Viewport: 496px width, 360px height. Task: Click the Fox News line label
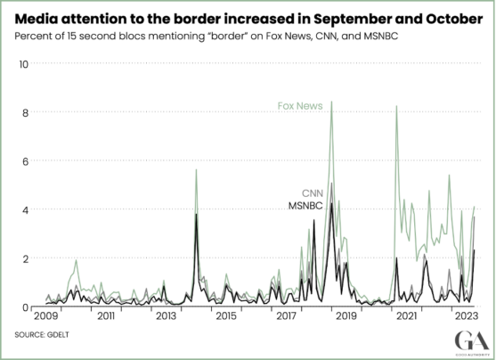(x=298, y=110)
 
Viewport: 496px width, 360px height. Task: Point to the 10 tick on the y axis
(x=25, y=64)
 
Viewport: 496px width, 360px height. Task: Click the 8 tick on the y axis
(x=26, y=113)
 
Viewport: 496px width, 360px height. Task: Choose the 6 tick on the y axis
(x=26, y=161)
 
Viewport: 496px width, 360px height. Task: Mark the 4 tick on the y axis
(x=26, y=210)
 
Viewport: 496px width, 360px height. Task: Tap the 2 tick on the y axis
(x=26, y=258)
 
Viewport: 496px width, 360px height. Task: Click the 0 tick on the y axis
(x=26, y=307)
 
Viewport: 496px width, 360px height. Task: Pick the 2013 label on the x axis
(x=166, y=317)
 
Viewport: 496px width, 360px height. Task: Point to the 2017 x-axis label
(x=286, y=317)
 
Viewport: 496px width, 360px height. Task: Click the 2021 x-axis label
(x=407, y=317)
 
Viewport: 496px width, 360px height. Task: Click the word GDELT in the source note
(x=60, y=334)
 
